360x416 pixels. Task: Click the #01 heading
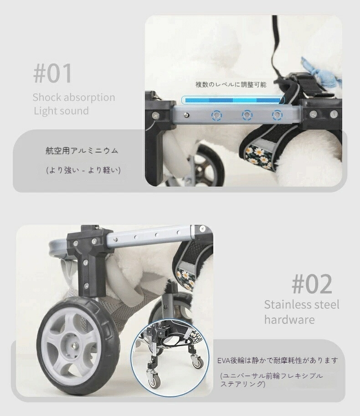pyautogui.click(x=53, y=74)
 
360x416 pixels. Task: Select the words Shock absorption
pyautogui.click(x=73, y=98)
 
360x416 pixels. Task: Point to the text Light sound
pyautogui.click(x=61, y=111)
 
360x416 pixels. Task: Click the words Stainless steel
pyautogui.click(x=302, y=305)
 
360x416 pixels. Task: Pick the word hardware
pyautogui.click(x=289, y=320)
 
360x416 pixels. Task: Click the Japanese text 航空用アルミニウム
pyautogui.click(x=82, y=151)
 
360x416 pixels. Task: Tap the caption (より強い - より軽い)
pyautogui.click(x=83, y=170)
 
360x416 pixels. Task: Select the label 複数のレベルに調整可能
pyautogui.click(x=231, y=84)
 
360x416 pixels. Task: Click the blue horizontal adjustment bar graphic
pyautogui.click(x=233, y=100)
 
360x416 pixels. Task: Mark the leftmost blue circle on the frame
pyautogui.click(x=216, y=114)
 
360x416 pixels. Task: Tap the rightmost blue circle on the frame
pyautogui.click(x=277, y=114)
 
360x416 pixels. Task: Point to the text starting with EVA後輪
pyautogui.click(x=278, y=360)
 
